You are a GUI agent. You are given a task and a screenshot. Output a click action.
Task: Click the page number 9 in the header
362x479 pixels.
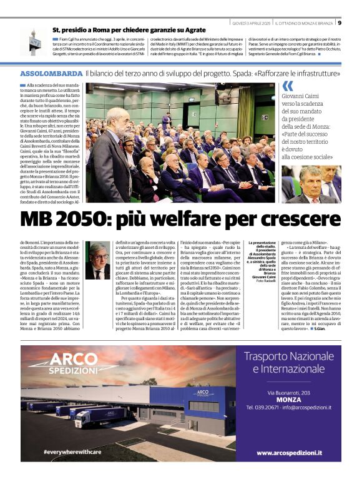[x=339, y=23]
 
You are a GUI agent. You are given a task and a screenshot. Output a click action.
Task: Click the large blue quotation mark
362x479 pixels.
[x=287, y=86]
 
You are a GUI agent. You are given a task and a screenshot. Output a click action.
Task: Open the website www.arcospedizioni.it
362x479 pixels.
[x=289, y=452]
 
